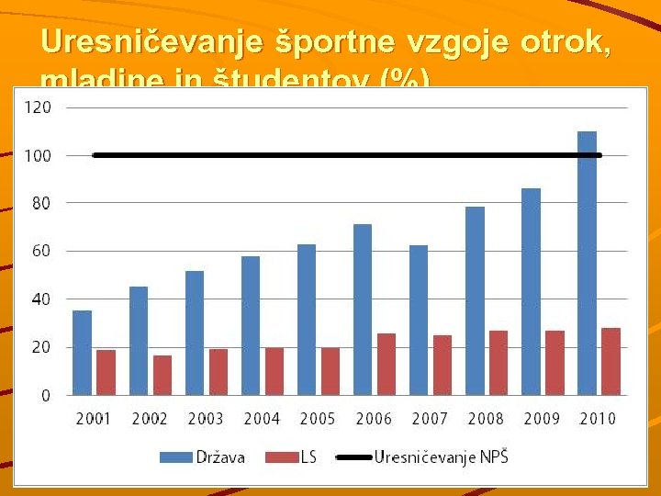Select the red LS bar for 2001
click(106, 372)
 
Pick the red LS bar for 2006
click(387, 364)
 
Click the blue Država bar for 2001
click(82, 353)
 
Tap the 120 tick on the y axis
click(37, 107)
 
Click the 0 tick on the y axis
click(45, 395)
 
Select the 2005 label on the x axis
click(318, 419)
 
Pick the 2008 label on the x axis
click(486, 419)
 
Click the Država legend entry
click(202, 457)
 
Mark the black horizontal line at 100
click(349, 155)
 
